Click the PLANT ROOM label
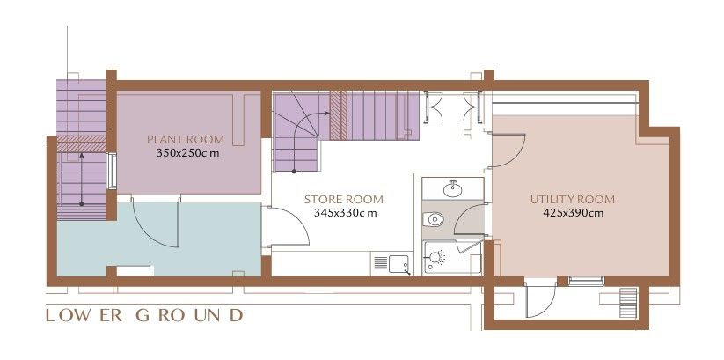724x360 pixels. pyautogui.click(x=185, y=139)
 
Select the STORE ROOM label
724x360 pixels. pyautogui.click(x=344, y=200)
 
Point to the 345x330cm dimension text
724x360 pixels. pyautogui.click(x=345, y=212)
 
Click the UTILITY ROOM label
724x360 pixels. pyautogui.click(x=572, y=199)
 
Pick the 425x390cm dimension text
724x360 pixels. pyautogui.click(x=572, y=212)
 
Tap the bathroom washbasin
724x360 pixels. pyautogui.click(x=452, y=187)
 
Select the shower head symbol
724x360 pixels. pyautogui.click(x=435, y=257)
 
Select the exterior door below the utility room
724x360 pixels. pyautogui.click(x=538, y=299)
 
